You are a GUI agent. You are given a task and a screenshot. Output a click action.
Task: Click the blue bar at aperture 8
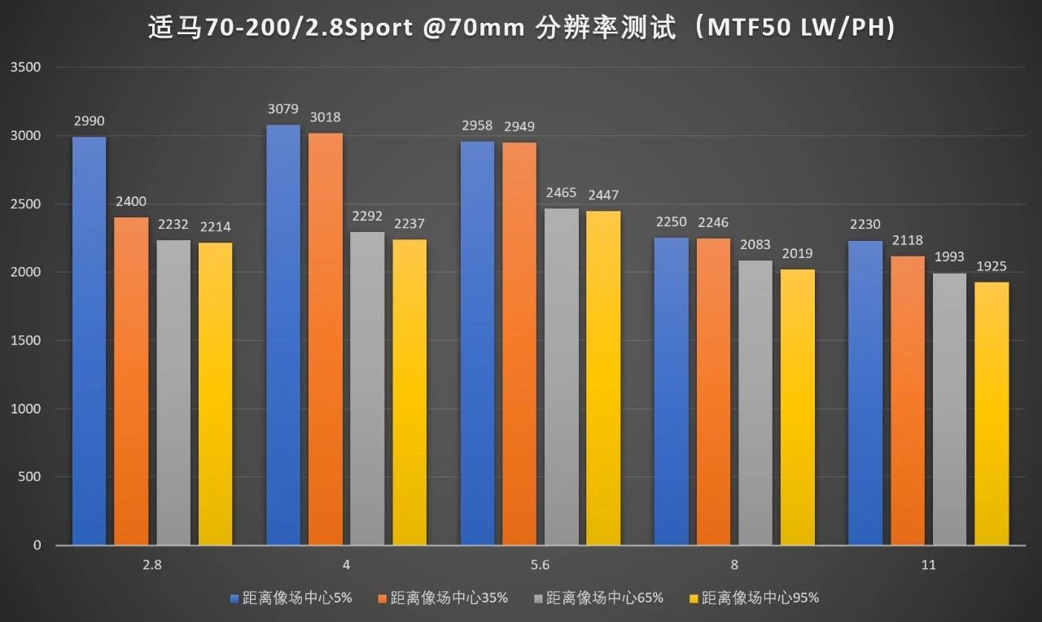click(672, 391)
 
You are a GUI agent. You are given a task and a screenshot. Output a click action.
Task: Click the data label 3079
click(283, 109)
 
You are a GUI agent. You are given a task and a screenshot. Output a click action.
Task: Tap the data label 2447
click(604, 195)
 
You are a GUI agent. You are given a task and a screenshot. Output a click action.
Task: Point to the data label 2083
click(755, 245)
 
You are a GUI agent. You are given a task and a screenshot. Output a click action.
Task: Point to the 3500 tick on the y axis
click(25, 68)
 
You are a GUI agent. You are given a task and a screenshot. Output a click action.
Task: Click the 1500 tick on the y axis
click(25, 341)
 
